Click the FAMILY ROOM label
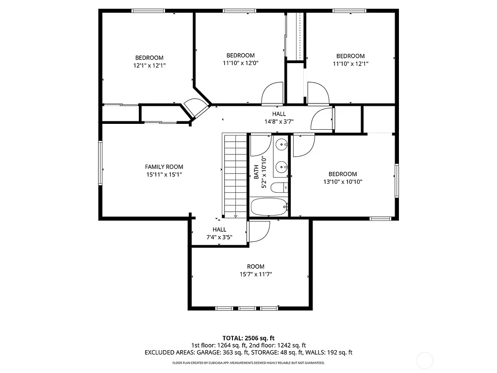(164, 167)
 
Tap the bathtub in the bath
(269, 207)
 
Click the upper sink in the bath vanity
(281, 144)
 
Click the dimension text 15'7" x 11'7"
(255, 274)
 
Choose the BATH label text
(256, 172)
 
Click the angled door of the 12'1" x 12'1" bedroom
(196, 108)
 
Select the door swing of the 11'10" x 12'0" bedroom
(272, 93)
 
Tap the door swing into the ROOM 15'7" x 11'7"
(259, 231)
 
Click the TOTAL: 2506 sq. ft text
(248, 338)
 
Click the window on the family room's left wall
(100, 163)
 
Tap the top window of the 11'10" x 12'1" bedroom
(349, 10)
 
